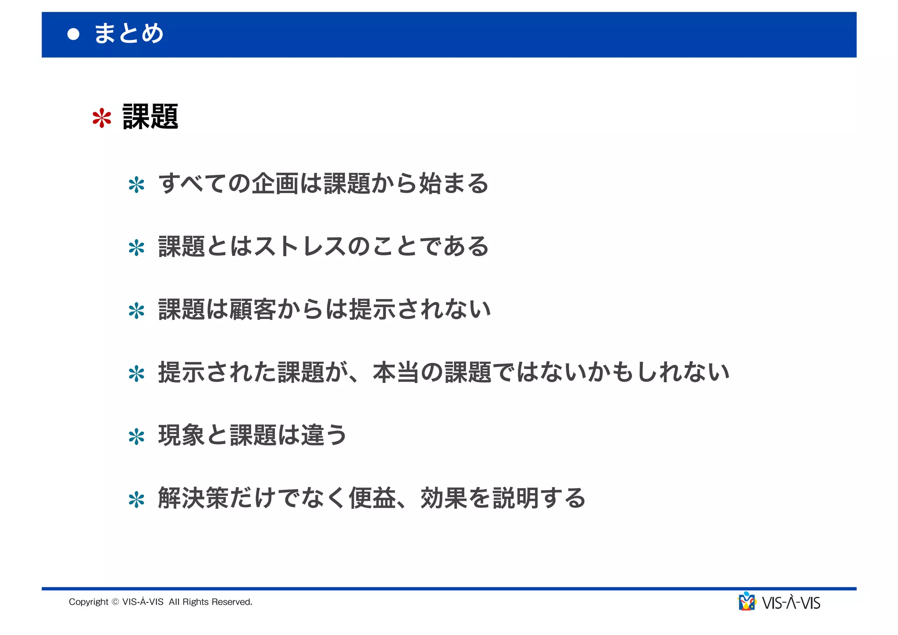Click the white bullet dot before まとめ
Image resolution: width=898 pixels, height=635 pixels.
click(x=74, y=34)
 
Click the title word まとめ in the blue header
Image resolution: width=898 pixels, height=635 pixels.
click(x=129, y=33)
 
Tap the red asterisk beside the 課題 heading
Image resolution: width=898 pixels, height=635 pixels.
click(x=102, y=118)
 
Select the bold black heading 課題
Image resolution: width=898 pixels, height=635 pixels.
click(x=150, y=117)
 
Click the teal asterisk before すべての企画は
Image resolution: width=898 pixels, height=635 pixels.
click(x=136, y=185)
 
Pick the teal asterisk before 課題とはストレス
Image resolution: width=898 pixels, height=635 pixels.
click(x=136, y=248)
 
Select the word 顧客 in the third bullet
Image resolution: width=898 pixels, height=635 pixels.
click(x=253, y=309)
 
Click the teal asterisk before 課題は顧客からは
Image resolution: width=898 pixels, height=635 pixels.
click(x=136, y=311)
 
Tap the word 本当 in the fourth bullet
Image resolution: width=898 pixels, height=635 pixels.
click(x=396, y=372)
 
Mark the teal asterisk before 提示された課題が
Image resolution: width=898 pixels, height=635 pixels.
click(x=136, y=374)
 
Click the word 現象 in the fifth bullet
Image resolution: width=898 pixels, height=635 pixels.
click(x=182, y=435)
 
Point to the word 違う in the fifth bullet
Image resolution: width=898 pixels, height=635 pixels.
click(x=324, y=435)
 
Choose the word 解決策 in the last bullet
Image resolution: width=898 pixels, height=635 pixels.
click(x=193, y=498)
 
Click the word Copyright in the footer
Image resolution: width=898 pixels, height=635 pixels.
click(x=89, y=602)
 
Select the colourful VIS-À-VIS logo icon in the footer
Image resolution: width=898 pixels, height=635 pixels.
click(x=747, y=602)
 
